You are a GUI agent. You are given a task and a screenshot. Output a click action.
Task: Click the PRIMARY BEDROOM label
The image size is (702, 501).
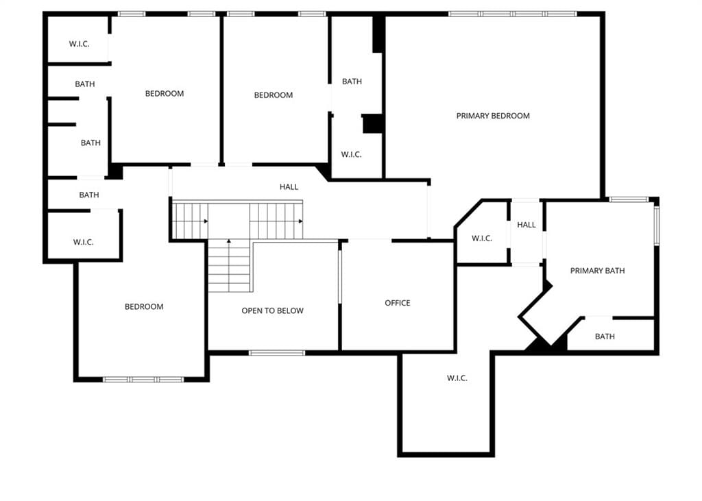[x=493, y=116]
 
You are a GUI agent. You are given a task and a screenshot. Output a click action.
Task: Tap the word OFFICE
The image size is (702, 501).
[x=398, y=303]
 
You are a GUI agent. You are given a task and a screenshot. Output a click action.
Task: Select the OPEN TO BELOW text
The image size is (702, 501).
[x=273, y=310]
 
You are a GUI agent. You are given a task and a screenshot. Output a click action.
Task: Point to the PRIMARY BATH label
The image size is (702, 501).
[x=597, y=271]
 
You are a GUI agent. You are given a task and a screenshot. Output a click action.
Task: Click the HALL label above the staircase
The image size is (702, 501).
[x=289, y=186]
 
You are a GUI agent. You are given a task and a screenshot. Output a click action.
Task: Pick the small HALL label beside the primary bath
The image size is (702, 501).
[x=526, y=225]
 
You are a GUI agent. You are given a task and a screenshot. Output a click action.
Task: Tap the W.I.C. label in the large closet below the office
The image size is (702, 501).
[x=457, y=378]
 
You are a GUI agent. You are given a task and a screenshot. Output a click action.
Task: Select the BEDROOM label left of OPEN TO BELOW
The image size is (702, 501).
[x=144, y=306]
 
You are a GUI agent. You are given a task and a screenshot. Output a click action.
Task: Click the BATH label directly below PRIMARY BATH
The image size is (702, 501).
[x=605, y=337]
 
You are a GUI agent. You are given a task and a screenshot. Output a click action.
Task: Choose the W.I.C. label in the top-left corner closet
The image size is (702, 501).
[x=80, y=44]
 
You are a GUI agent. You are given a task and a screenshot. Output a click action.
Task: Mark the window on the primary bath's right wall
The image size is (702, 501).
[x=657, y=225]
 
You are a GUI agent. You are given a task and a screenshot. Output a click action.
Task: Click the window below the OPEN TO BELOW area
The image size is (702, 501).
[x=277, y=353]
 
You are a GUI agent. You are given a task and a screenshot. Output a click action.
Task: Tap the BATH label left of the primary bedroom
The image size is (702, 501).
[x=352, y=82]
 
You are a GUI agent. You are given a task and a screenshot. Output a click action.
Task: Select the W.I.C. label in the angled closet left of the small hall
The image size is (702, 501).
[x=482, y=239]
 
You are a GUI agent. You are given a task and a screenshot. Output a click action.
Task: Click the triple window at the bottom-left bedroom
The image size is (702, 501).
[x=143, y=380]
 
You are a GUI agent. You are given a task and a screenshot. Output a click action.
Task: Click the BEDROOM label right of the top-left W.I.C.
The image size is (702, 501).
[x=165, y=94]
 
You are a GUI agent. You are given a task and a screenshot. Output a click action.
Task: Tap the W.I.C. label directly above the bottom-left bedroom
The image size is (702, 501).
[x=83, y=242]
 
